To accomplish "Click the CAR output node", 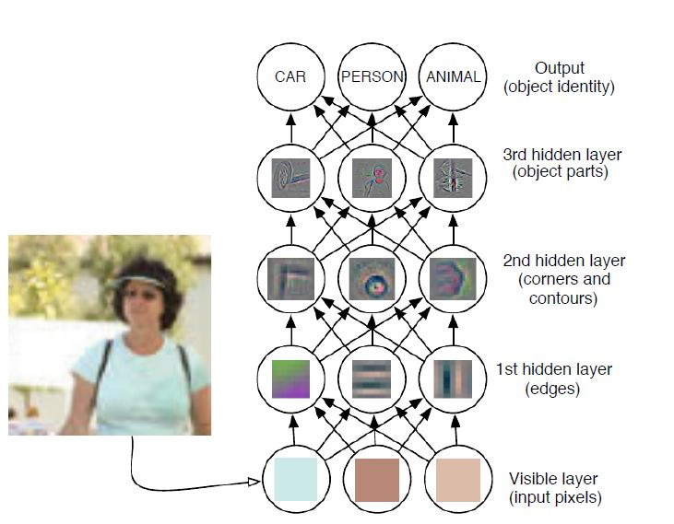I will pos(290,77).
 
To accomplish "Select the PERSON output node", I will pos(372,77).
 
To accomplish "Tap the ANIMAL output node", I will pos(453,77).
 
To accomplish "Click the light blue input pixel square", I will pos(295,480).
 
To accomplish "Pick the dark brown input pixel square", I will pos(376,480).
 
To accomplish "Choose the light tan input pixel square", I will pos(458,480).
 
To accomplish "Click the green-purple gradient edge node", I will pos(290,378).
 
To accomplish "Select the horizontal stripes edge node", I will pos(372,378).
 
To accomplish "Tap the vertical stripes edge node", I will pos(453,378).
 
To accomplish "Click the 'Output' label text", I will pos(560,68).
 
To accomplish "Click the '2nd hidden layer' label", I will pos(564,261).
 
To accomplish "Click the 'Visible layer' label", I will pos(553,480).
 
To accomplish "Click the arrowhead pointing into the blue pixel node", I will pos(255,482).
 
